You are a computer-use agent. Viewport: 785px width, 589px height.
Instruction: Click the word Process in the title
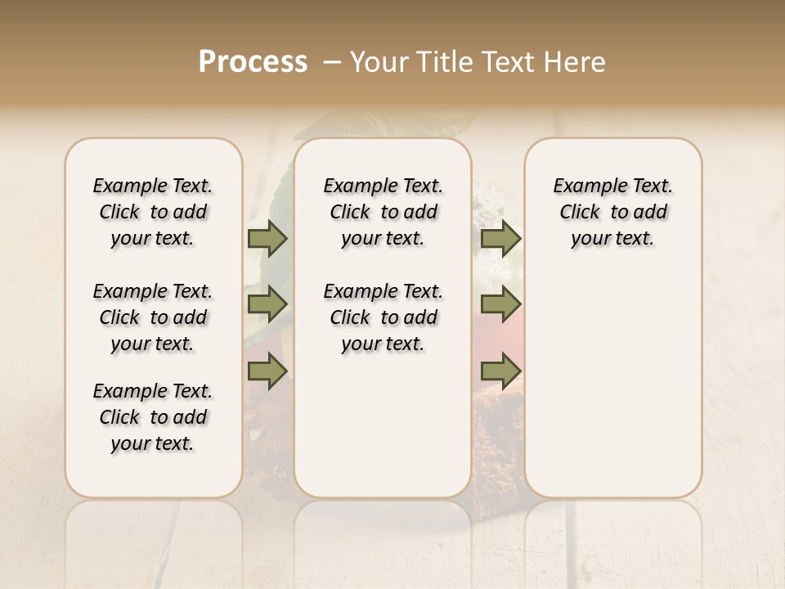click(x=253, y=62)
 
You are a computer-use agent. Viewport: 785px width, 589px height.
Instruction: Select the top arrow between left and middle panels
click(x=267, y=239)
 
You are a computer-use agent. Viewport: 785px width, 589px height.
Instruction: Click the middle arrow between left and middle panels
click(x=267, y=304)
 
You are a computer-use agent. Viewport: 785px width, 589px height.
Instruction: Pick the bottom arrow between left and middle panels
click(x=267, y=371)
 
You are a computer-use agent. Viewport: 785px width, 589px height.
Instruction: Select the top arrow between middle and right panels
click(x=500, y=239)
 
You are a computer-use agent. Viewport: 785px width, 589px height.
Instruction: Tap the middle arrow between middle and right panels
click(x=500, y=304)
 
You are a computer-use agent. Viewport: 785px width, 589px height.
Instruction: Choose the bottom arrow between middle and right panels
click(x=500, y=371)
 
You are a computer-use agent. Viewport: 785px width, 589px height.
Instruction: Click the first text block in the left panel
click(x=153, y=212)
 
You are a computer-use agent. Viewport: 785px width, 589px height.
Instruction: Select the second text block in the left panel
click(x=153, y=317)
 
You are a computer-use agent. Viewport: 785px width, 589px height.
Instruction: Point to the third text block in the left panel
click(x=153, y=417)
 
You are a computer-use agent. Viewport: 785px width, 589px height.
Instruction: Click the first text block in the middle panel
click(x=383, y=212)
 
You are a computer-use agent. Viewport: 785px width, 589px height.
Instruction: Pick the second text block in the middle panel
click(x=383, y=317)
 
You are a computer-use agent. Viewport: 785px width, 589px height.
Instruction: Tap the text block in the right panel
click(x=612, y=212)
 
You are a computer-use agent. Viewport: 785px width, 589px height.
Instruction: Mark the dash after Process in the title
click(x=332, y=62)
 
